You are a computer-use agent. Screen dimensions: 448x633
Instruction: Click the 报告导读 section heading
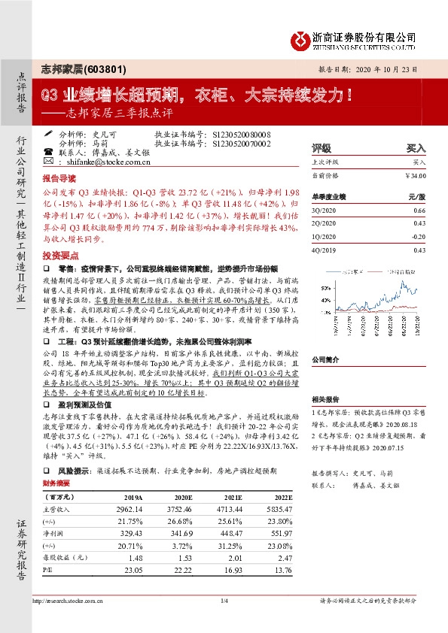point(59,180)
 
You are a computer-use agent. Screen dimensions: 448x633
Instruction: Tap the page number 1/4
point(224,601)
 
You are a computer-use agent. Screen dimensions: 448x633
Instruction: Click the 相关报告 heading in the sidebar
point(325,400)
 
